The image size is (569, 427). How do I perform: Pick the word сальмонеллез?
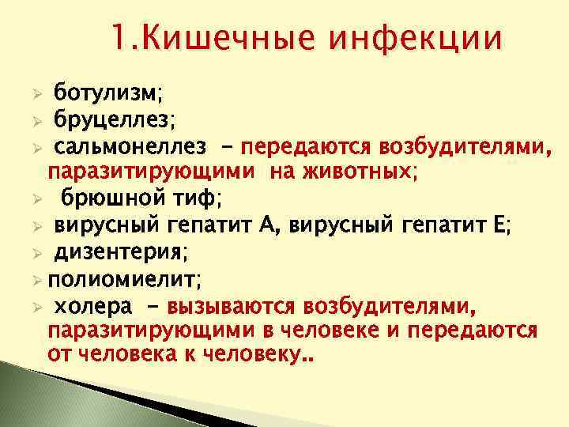click(130, 145)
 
